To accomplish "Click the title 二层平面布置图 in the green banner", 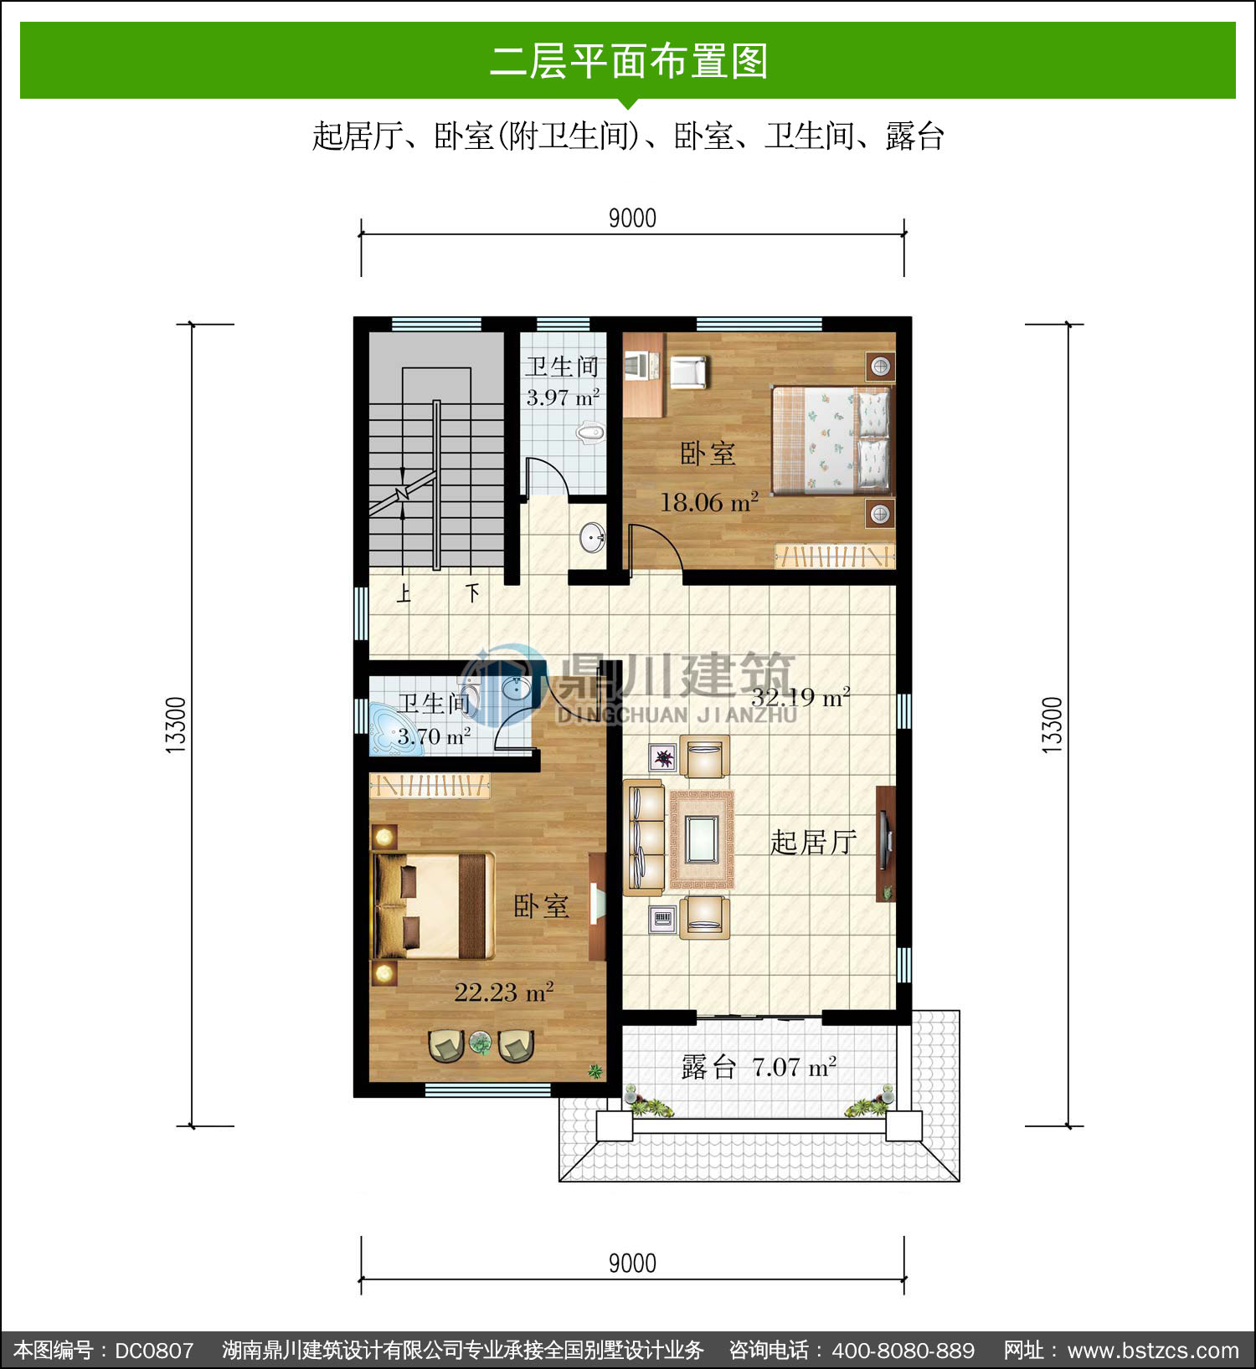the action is [629, 61].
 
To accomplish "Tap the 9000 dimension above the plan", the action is [632, 218].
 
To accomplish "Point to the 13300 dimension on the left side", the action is [175, 725].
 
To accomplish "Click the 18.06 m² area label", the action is [709, 502].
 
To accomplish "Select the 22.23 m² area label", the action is [504, 992].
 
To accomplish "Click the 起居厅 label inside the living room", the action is [813, 842].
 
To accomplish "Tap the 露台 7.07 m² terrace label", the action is [759, 1067].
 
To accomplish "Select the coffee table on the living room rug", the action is [701, 839].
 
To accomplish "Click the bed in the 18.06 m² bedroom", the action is [832, 440].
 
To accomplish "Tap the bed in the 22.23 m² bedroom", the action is [433, 905].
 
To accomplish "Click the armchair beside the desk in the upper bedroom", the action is [689, 372].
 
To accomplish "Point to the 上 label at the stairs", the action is [404, 594].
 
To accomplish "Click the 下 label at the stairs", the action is [473, 593].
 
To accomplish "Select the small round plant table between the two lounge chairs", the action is [481, 1043].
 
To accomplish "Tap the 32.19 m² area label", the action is [800, 697].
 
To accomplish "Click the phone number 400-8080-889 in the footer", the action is [903, 1350].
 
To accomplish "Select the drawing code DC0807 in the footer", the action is [154, 1350].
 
